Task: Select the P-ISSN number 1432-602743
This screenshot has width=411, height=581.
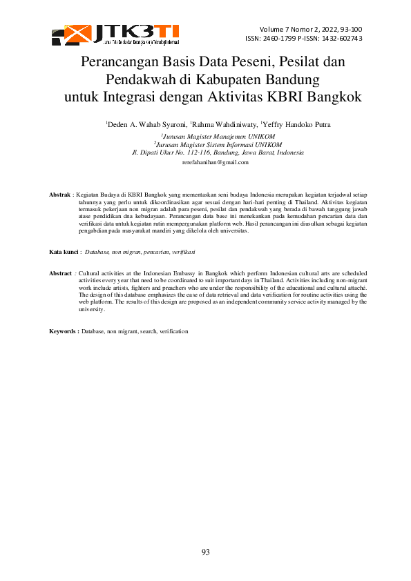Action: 341,39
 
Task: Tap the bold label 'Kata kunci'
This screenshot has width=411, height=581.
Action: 64,253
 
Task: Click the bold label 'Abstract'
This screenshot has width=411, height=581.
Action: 61,274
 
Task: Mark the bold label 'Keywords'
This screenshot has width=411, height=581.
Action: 63,332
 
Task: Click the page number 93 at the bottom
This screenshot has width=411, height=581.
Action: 206,552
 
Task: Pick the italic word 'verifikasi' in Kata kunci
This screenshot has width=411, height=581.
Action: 182,253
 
